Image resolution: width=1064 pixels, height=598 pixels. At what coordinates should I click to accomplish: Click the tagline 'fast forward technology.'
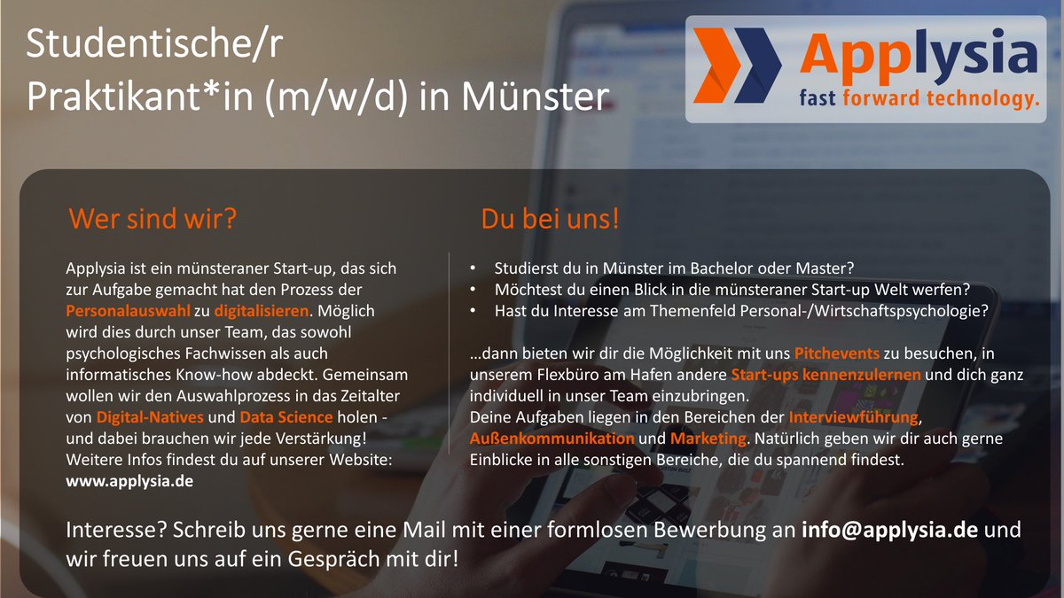coord(918,97)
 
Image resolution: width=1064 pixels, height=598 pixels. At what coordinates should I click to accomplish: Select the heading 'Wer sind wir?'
coord(153,218)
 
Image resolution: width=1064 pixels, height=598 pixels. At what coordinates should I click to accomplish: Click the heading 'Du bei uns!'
coord(550,219)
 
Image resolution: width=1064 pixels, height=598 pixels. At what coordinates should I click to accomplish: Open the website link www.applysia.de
coord(129,481)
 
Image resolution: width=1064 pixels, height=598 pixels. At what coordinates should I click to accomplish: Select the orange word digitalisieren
coord(262,311)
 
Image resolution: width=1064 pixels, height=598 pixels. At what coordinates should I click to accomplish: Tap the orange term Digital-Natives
coord(150,416)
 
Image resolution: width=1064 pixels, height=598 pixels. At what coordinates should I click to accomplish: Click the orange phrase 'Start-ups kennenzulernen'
coord(825,375)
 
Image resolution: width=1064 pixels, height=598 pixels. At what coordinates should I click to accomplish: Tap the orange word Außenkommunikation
coord(552,439)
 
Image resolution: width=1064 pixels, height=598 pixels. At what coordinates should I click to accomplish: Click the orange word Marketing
coord(707,439)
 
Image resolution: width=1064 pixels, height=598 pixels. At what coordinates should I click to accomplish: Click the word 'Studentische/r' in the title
coord(155,44)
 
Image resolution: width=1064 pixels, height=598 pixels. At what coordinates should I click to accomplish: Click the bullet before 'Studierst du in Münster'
coord(473,268)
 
